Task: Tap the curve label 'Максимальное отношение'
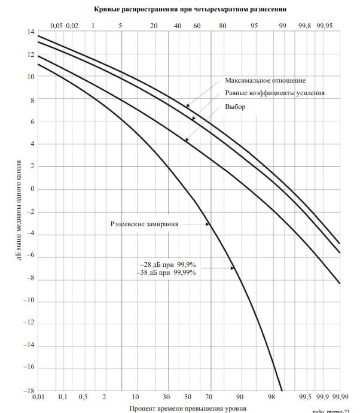tap(266, 80)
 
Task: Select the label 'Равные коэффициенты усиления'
tap(275, 93)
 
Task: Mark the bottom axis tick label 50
tap(187, 397)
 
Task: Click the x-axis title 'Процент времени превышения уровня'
tap(187, 408)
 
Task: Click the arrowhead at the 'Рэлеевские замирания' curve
tap(209, 224)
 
